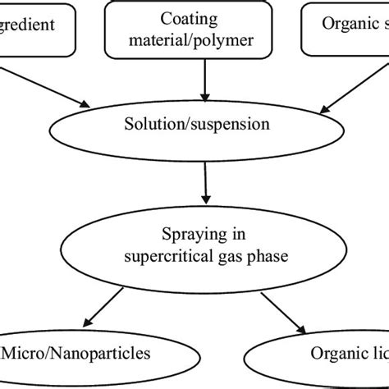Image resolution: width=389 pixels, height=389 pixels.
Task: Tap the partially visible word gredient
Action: pyautogui.click(x=27, y=25)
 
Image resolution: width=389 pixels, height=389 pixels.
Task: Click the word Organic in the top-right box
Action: pyautogui.click(x=336, y=25)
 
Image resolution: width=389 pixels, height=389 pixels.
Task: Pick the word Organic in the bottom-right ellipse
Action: pyautogui.click(x=332, y=355)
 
